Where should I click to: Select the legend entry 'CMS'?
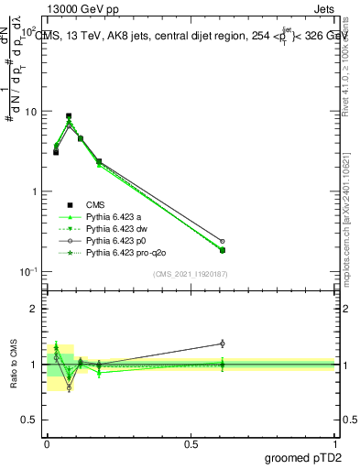coord(96,205)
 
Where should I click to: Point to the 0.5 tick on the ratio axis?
coord(30,420)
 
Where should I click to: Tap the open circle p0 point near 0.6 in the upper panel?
coord(223,242)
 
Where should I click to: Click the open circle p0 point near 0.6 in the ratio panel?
coord(223,344)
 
